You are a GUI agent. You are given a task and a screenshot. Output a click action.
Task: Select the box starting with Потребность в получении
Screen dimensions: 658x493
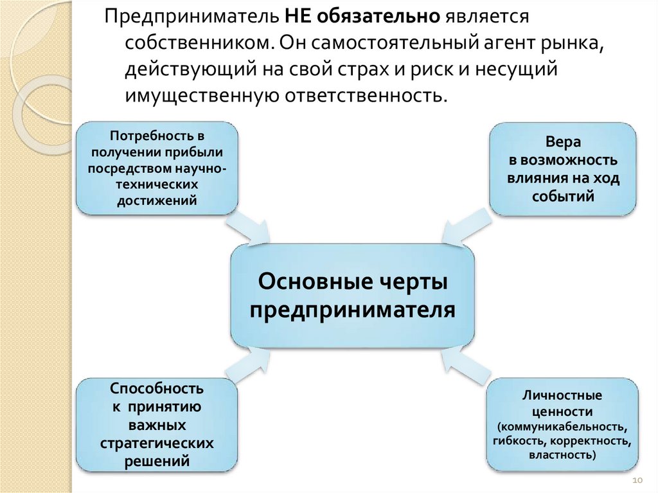(157, 168)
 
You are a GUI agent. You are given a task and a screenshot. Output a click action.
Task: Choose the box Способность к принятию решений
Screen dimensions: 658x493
(157, 424)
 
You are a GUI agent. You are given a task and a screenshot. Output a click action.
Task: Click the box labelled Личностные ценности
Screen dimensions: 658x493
(562, 424)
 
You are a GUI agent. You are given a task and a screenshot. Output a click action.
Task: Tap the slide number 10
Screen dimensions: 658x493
(638, 481)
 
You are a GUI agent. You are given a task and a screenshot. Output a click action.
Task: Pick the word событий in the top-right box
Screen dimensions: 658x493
(562, 197)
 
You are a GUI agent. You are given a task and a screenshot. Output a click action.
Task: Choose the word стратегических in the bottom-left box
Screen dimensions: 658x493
(157, 444)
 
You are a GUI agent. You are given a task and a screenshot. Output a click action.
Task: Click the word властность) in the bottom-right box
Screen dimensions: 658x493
(562, 455)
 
